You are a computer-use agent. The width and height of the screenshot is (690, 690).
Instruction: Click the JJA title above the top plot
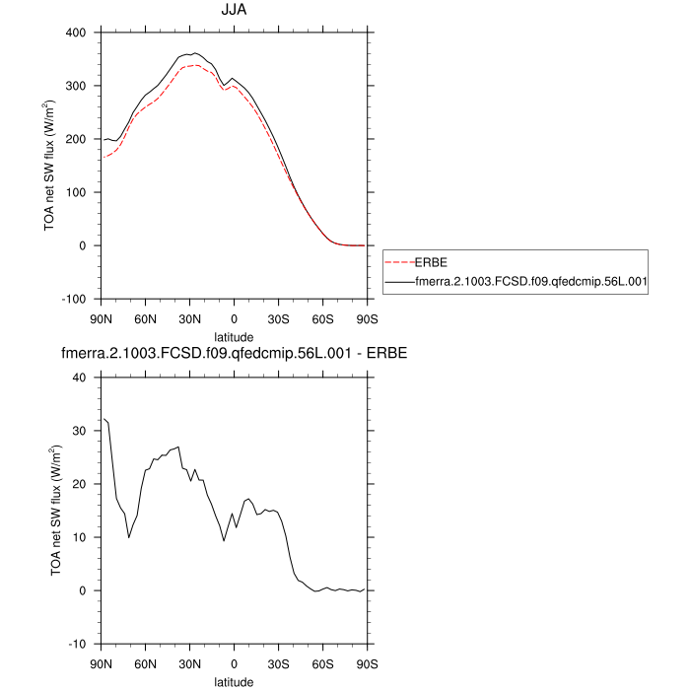[235, 12]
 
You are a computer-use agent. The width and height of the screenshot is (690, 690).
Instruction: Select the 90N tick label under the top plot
[101, 317]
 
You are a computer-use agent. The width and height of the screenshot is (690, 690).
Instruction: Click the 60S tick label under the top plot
[322, 317]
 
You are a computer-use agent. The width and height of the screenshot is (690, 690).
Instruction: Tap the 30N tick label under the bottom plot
[189, 662]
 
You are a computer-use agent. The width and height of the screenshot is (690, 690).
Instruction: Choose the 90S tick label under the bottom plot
[367, 662]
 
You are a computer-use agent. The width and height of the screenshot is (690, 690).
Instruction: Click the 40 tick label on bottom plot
[82, 378]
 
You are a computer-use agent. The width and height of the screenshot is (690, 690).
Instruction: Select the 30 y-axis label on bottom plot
[82, 431]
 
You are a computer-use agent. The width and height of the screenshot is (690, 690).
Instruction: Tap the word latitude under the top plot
[234, 336]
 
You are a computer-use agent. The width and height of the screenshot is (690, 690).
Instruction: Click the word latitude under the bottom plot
[234, 680]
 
